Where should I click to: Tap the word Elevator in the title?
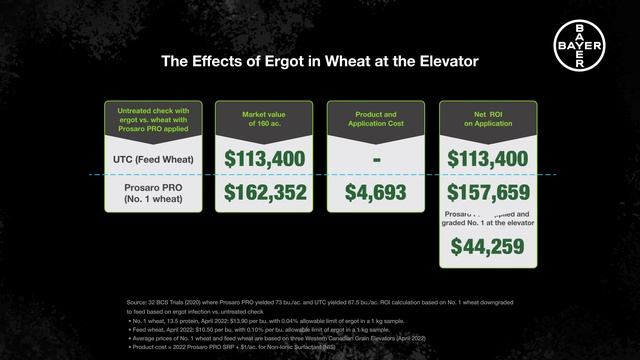(x=437, y=62)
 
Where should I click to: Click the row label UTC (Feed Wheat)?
(x=153, y=159)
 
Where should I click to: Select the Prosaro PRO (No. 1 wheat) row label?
(x=153, y=192)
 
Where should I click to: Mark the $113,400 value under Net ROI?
(x=487, y=158)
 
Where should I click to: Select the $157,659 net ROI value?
(x=487, y=192)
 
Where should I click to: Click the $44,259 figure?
(x=487, y=248)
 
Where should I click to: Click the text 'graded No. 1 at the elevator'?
(x=487, y=224)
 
